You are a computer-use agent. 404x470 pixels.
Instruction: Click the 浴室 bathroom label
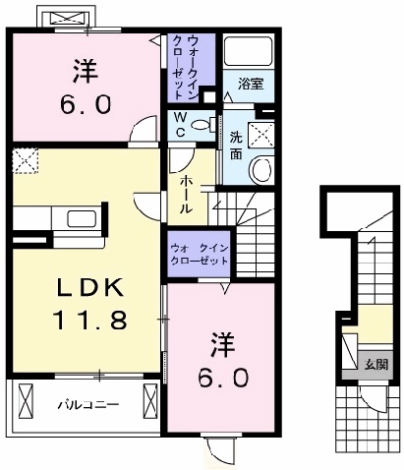click(x=251, y=87)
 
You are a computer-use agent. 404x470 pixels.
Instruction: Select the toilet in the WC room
click(x=203, y=124)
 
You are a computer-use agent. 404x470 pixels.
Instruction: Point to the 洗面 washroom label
click(x=236, y=146)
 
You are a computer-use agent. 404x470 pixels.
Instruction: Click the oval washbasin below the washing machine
click(x=261, y=169)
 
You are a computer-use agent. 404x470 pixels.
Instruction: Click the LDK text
click(x=87, y=287)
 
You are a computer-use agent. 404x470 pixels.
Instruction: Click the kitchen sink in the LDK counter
click(x=81, y=219)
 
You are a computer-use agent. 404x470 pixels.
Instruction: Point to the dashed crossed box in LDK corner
click(x=25, y=160)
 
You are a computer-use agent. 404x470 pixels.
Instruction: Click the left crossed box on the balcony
click(x=24, y=402)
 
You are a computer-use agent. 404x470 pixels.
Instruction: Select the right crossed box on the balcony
click(x=149, y=402)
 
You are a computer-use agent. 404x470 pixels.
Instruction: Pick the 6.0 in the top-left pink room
click(x=86, y=104)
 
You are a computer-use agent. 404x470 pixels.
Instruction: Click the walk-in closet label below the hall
click(x=200, y=255)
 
